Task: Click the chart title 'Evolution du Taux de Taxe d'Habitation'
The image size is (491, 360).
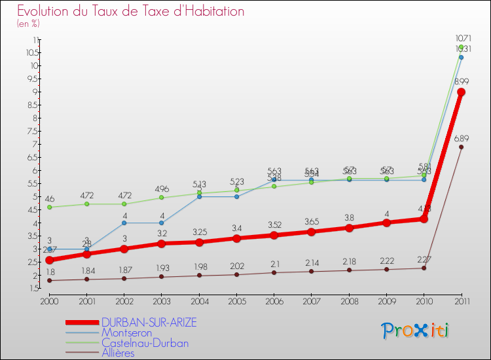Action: pyautogui.click(x=131, y=11)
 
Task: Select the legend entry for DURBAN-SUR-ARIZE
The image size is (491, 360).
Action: pyautogui.click(x=149, y=323)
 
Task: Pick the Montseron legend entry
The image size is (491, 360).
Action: pyautogui.click(x=127, y=333)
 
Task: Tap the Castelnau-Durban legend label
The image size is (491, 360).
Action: pyautogui.click(x=145, y=343)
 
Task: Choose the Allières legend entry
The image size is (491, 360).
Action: pyautogui.click(x=118, y=353)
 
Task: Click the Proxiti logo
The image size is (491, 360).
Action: pyautogui.click(x=416, y=330)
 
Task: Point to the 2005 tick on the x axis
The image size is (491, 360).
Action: pyautogui.click(x=236, y=301)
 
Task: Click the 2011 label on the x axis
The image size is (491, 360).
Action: pyautogui.click(x=461, y=301)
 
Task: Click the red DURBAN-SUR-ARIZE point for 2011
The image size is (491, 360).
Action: pyautogui.click(x=461, y=92)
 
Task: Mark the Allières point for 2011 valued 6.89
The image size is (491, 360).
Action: pyautogui.click(x=461, y=147)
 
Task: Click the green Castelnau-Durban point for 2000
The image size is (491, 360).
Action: pyautogui.click(x=49, y=207)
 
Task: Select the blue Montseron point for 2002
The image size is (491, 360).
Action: pyautogui.click(x=124, y=223)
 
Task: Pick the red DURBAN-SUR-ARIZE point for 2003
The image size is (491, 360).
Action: pyautogui.click(x=162, y=243)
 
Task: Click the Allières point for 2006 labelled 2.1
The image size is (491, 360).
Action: pyautogui.click(x=274, y=272)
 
